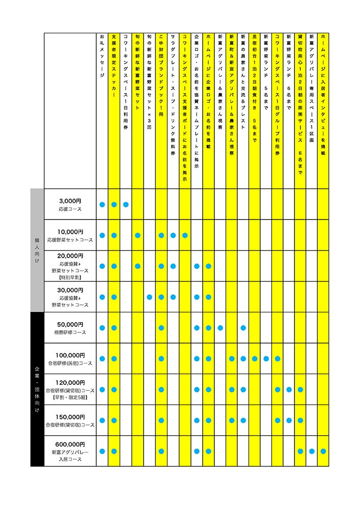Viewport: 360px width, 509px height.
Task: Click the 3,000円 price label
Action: pos(70,201)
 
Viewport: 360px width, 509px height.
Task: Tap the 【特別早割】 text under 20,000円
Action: pos(70,278)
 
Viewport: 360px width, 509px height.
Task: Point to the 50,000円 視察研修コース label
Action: pos(70,328)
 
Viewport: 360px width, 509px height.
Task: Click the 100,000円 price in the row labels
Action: pos(70,355)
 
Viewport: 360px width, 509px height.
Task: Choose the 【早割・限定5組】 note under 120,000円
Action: pos(70,399)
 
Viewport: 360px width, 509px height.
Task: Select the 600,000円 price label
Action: pos(70,444)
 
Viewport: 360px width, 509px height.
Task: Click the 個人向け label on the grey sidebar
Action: pos(37,250)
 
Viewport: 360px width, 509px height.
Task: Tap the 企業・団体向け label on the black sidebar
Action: pos(37,389)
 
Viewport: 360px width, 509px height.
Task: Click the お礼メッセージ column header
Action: pos(102,56)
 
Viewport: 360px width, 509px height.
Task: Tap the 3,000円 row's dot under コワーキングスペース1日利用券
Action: pos(126,205)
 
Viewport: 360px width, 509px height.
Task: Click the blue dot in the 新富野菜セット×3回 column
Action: pos(149,297)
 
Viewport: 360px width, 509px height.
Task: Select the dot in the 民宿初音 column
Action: pos(255,359)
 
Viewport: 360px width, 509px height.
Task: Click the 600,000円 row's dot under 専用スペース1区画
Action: pos(312,451)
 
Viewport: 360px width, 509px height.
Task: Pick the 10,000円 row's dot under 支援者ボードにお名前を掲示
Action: pos(185,235)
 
